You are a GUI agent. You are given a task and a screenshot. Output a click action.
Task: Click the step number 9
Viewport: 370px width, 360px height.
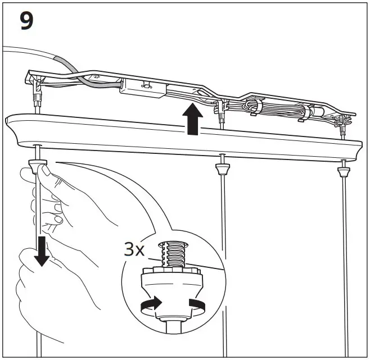click(26, 21)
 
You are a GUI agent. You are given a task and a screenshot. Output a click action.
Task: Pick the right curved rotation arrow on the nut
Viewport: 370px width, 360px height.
click(197, 305)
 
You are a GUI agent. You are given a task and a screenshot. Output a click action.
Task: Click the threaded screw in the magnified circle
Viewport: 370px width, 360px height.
click(173, 253)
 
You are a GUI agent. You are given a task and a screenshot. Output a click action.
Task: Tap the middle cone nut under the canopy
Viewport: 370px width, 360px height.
click(223, 167)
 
